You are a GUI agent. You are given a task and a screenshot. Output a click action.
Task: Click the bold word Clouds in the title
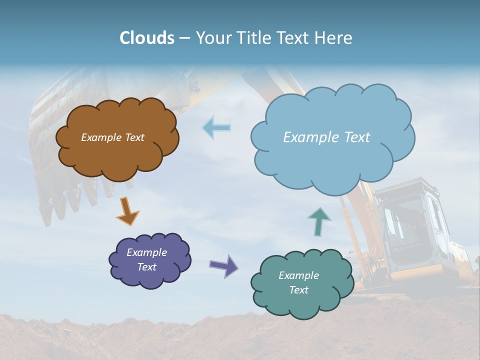pos(146,38)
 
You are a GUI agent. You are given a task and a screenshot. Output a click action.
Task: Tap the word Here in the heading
pos(333,38)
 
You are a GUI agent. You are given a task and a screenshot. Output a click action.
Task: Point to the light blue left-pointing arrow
pos(217,127)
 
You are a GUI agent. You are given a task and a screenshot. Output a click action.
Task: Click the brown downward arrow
pos(127,211)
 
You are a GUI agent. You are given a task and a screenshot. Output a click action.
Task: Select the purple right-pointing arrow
pos(224,266)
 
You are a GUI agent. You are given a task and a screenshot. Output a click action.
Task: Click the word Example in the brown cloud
pos(100,137)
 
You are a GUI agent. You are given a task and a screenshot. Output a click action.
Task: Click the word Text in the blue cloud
pos(356,137)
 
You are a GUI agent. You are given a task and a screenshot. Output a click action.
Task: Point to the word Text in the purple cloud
pos(147,267)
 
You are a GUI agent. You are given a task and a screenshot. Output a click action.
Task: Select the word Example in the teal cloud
pos(298,275)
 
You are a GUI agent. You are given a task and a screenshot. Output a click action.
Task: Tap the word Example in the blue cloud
pos(311,137)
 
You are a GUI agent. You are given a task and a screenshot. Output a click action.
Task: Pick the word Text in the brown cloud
pos(134,137)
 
